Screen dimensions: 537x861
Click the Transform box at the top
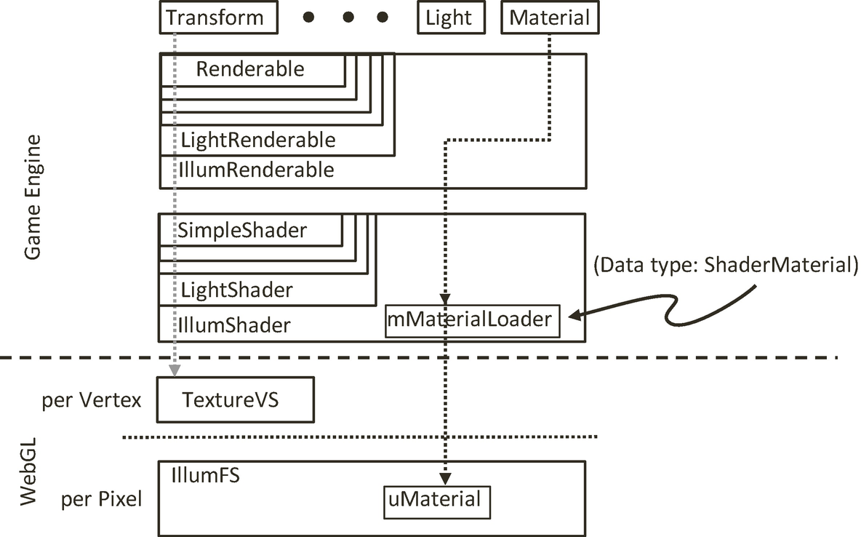click(x=218, y=17)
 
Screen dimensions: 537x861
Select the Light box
click(x=450, y=17)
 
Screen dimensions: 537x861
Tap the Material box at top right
click(x=550, y=17)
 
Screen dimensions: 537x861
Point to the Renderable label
click(x=250, y=70)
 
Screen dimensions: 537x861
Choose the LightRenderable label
click(x=258, y=140)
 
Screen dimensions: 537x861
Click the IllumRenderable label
click(x=257, y=170)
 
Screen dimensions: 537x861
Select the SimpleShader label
click(x=243, y=231)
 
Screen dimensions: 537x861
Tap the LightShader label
click(x=236, y=290)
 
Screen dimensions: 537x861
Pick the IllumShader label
click(x=235, y=325)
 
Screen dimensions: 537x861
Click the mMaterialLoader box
click(x=473, y=319)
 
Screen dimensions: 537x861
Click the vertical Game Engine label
click(x=33, y=196)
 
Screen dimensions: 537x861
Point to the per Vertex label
click(x=92, y=400)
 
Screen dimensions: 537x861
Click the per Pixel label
click(x=102, y=500)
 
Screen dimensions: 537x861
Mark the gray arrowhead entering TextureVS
click(x=175, y=370)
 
